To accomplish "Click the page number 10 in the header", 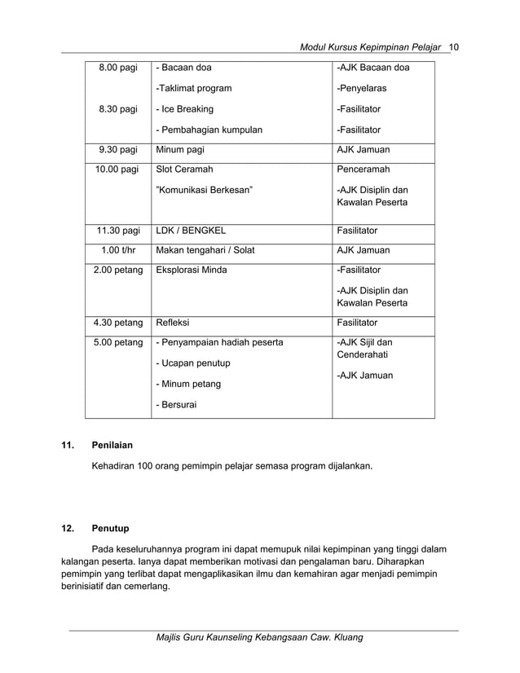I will click(x=455, y=45).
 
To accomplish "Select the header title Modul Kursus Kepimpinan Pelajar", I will click(x=371, y=45).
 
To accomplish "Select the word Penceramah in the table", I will click(x=364, y=169).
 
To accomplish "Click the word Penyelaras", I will click(x=363, y=89).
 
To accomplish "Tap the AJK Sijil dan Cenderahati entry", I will click(x=364, y=349).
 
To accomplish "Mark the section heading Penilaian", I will click(x=113, y=446).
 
